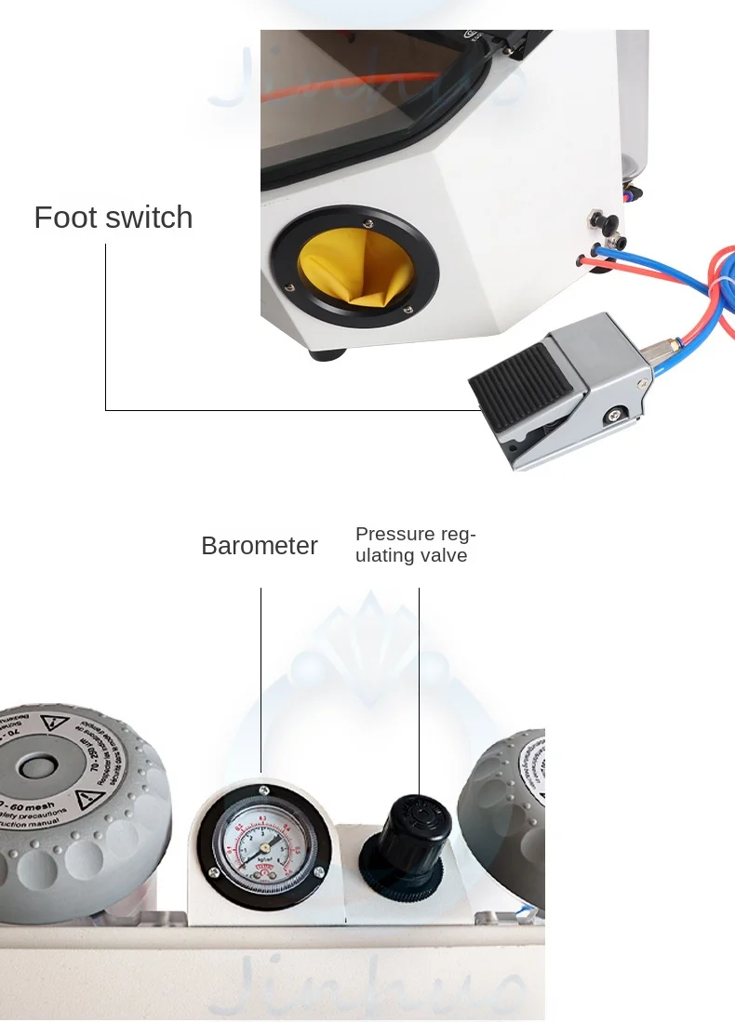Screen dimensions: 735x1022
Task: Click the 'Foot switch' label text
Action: coord(114,218)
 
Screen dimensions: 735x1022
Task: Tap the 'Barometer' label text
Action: coord(260,546)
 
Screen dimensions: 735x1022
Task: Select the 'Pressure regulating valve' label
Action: coord(415,545)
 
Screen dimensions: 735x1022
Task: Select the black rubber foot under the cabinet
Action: coord(326,353)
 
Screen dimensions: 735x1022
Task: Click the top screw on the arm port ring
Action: coord(368,222)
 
